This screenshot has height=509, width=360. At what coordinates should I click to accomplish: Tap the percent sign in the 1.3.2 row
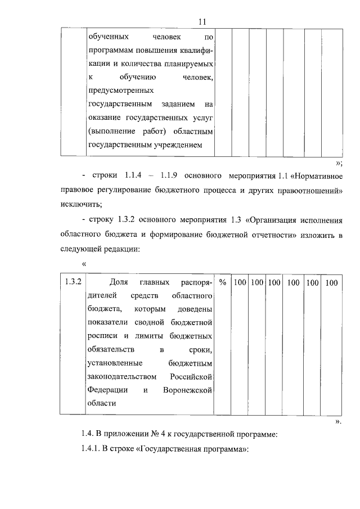[223, 282]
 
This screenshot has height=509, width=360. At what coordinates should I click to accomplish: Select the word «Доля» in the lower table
[119, 282]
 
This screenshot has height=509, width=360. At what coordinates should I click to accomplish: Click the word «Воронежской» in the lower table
[187, 390]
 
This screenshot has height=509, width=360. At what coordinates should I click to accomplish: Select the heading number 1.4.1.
[92, 451]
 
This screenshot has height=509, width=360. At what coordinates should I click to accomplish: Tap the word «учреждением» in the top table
[182, 145]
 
